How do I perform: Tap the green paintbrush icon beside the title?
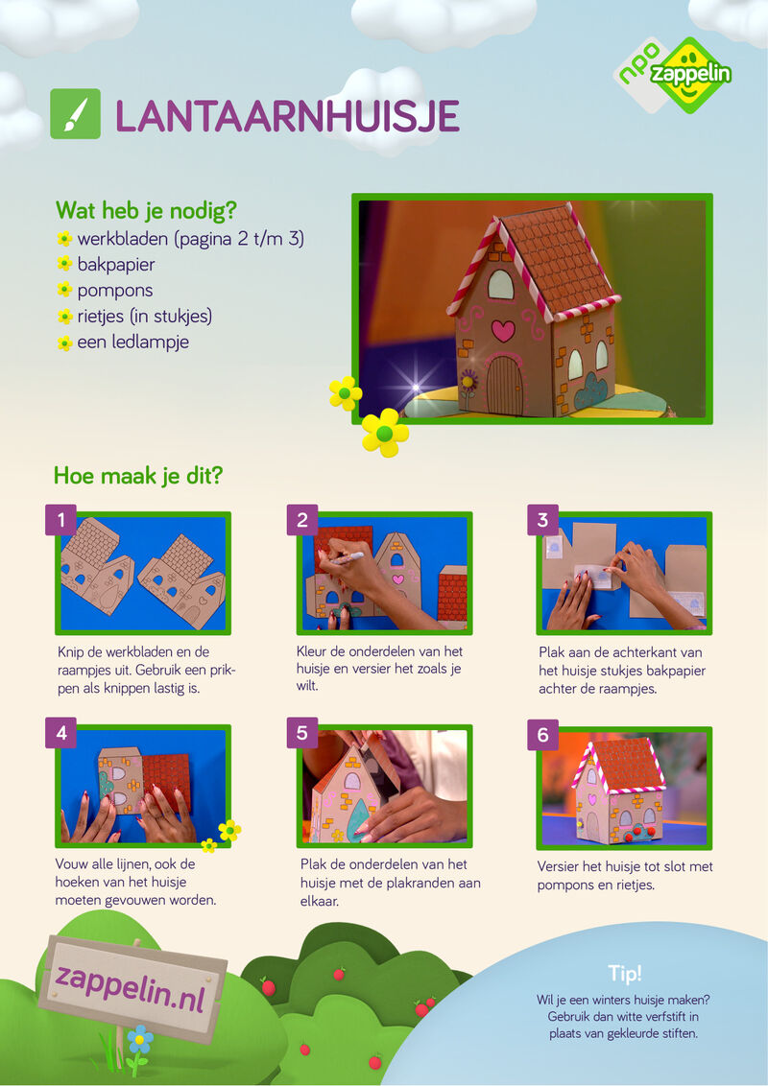(x=76, y=113)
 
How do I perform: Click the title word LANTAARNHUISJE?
(x=287, y=116)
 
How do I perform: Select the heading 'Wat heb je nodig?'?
(x=146, y=210)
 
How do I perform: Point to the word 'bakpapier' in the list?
(x=116, y=265)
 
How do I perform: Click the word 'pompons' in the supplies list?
(x=115, y=291)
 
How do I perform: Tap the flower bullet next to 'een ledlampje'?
(x=64, y=342)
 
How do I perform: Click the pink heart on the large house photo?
(x=502, y=330)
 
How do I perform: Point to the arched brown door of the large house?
(x=504, y=385)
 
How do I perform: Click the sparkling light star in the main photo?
(x=416, y=388)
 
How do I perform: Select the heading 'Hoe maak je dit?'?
(x=138, y=476)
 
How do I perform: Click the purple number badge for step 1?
(x=61, y=519)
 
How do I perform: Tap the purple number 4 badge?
(x=61, y=733)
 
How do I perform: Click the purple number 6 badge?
(x=542, y=735)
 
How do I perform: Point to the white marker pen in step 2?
(x=347, y=558)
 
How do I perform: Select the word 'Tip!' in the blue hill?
(x=625, y=973)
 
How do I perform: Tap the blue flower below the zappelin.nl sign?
(x=140, y=1039)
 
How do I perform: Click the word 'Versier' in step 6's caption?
(x=558, y=866)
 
